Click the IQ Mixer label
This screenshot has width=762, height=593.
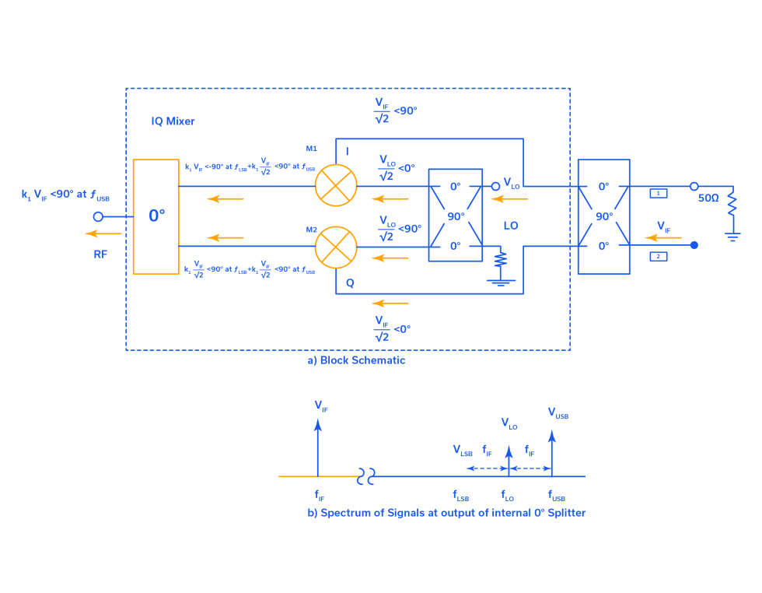coord(173,121)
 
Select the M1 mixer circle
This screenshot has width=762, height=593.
coord(336,186)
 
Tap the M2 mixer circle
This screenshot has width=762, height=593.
coord(336,247)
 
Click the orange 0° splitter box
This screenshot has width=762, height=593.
coord(156,216)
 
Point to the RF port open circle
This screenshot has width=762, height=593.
coord(98,216)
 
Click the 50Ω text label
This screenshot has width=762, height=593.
coord(708,198)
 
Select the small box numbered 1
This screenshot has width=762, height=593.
coord(658,193)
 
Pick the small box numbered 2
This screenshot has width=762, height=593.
coord(658,256)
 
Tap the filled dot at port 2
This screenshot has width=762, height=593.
coord(694,245)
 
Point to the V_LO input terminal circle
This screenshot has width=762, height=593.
coord(495,186)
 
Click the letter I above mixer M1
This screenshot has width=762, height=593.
coord(347,151)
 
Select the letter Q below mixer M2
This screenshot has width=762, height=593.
coord(350,283)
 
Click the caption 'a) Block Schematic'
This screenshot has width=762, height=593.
coord(356,360)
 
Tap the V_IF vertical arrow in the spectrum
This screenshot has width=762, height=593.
coord(317,447)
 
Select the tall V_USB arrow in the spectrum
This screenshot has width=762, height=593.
coord(552,451)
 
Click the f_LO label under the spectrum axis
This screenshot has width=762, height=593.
coord(507,496)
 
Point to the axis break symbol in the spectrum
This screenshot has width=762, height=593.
coord(366,476)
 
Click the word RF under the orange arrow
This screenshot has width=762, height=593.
coord(100,254)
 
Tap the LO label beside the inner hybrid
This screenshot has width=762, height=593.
coord(511,226)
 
